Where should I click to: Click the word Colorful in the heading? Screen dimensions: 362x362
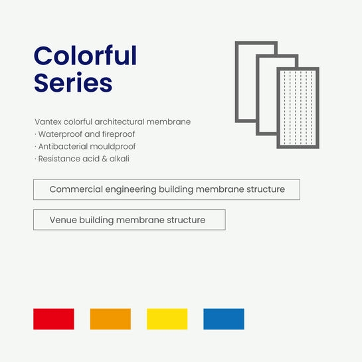pyautogui.click(x=85, y=56)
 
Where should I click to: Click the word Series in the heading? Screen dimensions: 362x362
pyautogui.click(x=73, y=82)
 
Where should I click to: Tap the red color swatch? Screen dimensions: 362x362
pyautogui.click(x=54, y=319)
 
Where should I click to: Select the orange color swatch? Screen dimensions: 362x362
pyautogui.click(x=110, y=319)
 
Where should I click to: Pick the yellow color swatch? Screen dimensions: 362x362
pyautogui.click(x=167, y=319)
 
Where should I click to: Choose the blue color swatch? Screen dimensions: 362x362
pyautogui.click(x=224, y=319)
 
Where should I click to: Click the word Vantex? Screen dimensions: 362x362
pyautogui.click(x=48, y=122)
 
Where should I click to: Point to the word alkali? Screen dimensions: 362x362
pyautogui.click(x=120, y=159)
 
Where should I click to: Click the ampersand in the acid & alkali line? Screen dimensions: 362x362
pyautogui.click(x=104, y=159)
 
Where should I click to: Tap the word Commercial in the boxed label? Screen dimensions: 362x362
pyautogui.click(x=76, y=189)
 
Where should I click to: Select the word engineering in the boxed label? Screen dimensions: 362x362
pyautogui.click(x=131, y=190)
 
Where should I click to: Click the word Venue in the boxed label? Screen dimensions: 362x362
pyautogui.click(x=63, y=220)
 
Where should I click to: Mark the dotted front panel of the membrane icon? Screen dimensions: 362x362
pyautogui.click(x=298, y=108)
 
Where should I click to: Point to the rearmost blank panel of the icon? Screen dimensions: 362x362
pyautogui.click(x=236, y=82)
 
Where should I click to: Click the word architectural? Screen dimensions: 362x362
pyautogui.click(x=119, y=122)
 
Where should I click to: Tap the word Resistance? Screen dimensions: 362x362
pyautogui.click(x=59, y=159)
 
